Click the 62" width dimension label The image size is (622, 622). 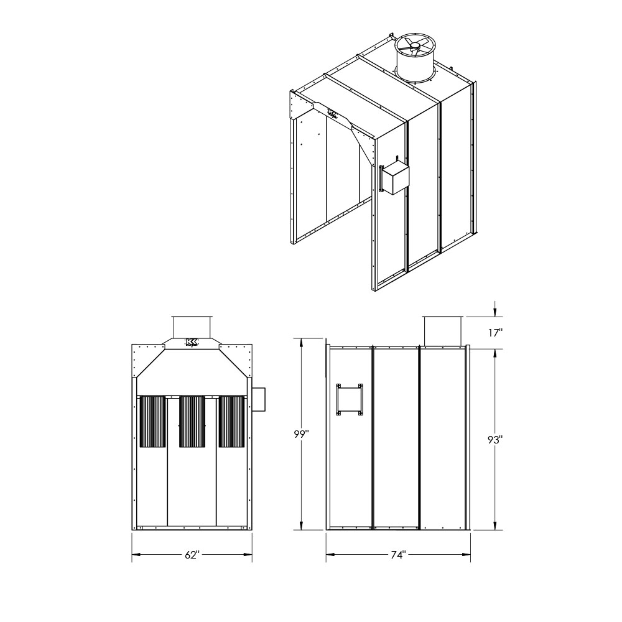(x=191, y=555)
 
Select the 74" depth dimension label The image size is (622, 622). (x=398, y=555)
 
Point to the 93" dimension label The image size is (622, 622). (x=495, y=440)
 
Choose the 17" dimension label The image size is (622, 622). (x=495, y=333)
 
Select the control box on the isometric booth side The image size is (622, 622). (x=394, y=178)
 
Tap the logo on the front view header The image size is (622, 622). (x=192, y=343)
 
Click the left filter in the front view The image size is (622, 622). (x=152, y=421)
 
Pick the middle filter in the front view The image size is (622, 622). (x=192, y=421)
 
